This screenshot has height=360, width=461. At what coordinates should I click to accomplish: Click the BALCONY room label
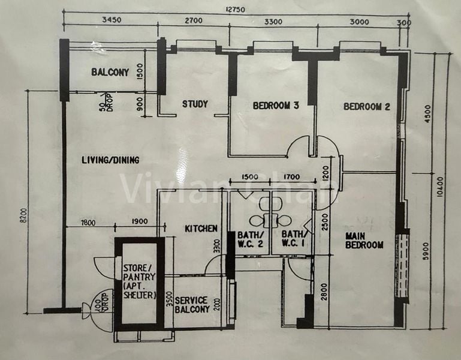pyautogui.click(x=110, y=73)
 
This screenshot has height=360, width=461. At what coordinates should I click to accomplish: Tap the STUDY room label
pyautogui.click(x=195, y=104)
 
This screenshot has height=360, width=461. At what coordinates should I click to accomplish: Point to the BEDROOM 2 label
pyautogui.click(x=366, y=107)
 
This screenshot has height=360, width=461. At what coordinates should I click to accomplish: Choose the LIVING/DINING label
pyautogui.click(x=110, y=160)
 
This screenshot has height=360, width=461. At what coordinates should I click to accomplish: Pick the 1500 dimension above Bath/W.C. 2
pyautogui.click(x=250, y=177)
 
